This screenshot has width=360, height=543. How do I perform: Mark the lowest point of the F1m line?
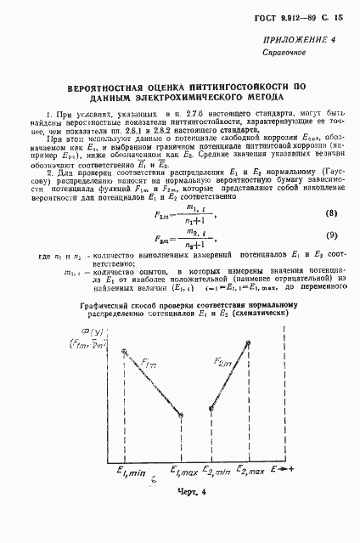point(181,416)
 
